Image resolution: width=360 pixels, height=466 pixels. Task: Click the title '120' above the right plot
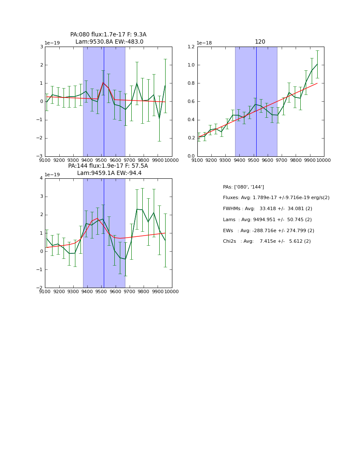pos(260,42)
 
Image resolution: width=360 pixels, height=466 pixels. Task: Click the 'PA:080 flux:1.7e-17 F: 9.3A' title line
pos(108,35)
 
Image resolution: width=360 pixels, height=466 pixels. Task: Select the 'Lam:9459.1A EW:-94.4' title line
pos(109,173)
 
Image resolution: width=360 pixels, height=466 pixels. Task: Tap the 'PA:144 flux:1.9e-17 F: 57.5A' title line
pos(108,166)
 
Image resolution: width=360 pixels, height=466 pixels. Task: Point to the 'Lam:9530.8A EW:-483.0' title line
pos(109,42)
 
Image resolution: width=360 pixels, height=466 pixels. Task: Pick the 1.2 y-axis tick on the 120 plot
pos(191,47)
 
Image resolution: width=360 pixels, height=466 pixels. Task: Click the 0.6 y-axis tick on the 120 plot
pos(191,102)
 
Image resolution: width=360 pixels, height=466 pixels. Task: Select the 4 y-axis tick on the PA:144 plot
pos(41,178)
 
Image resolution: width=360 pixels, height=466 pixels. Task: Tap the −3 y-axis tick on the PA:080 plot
pos(39,156)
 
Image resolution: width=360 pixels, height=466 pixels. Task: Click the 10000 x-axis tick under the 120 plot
pos(324,161)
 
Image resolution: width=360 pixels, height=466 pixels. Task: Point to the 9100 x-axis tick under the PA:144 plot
pos(45,292)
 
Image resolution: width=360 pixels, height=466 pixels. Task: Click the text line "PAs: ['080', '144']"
pos(244,187)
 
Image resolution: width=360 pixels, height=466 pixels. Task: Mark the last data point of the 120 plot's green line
pos(317,64)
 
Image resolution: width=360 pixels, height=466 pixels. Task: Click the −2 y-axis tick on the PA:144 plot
pos(39,288)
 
